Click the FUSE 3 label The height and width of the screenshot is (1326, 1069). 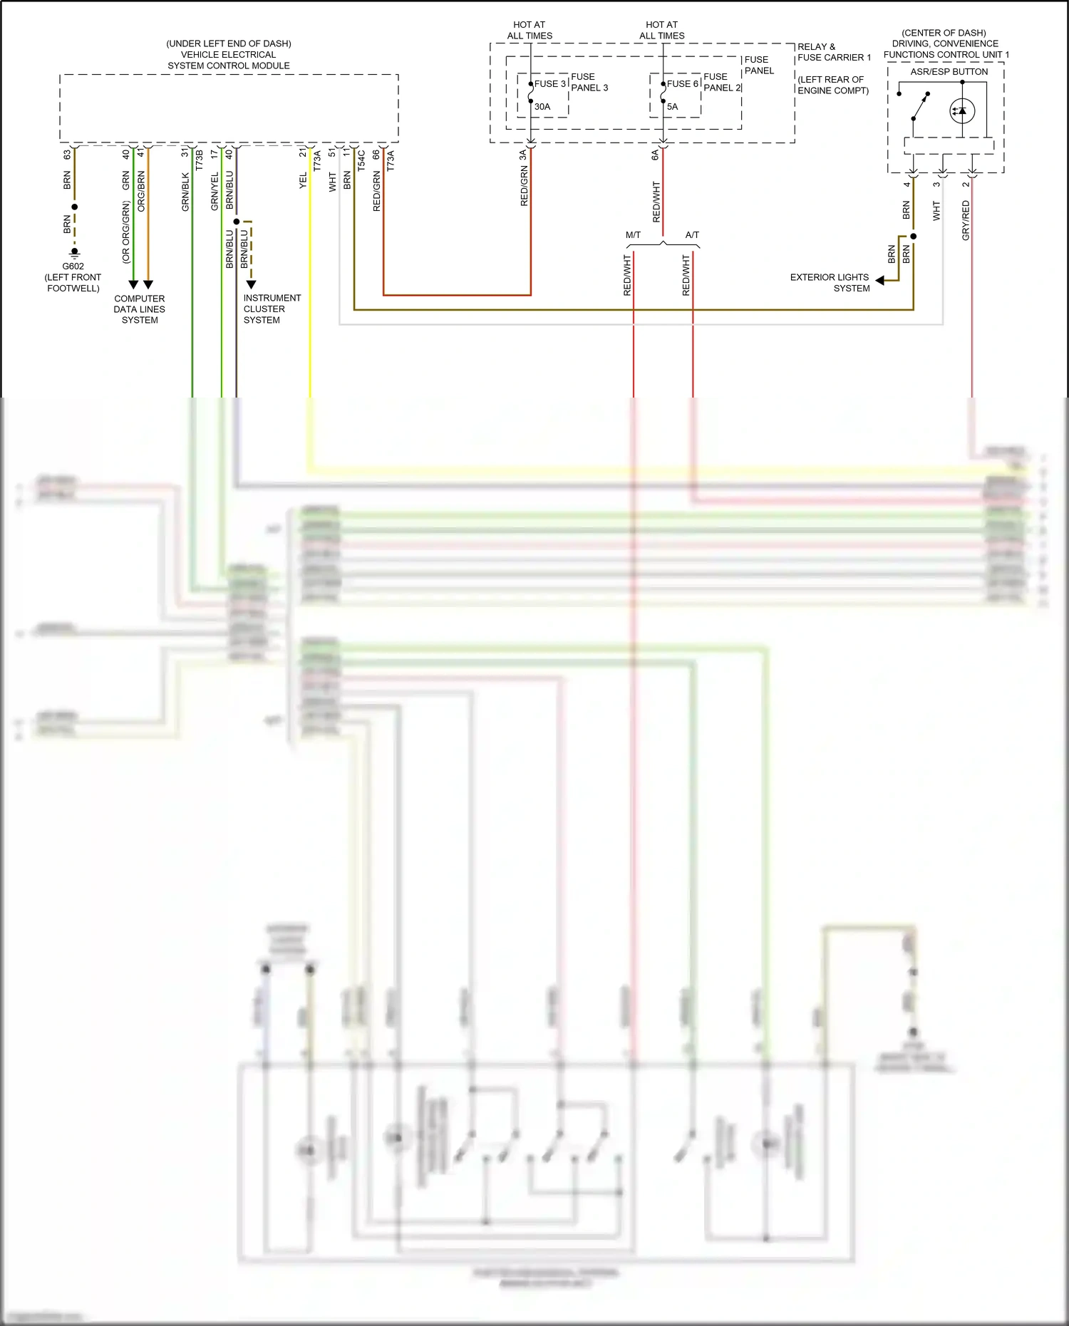pos(550,84)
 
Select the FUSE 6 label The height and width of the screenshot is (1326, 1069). pos(683,84)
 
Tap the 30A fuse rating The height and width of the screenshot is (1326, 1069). pos(542,107)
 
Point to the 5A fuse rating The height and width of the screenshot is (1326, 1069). pos(673,107)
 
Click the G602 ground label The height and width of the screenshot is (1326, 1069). pos(73,266)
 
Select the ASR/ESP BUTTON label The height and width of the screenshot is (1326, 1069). pos(949,72)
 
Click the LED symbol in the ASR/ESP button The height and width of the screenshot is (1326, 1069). pos(962,111)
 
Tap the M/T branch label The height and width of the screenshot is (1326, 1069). pos(633,235)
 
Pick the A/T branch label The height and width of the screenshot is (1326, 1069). pos(692,235)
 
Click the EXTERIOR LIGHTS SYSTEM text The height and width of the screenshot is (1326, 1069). pos(830,283)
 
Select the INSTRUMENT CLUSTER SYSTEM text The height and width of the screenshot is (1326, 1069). pos(272,309)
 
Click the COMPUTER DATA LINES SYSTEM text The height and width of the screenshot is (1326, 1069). pos(140,309)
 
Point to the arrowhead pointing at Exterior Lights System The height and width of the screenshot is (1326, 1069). pos(880,281)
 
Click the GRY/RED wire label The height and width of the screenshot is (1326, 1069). pos(966,220)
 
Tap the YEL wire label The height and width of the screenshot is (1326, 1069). pos(303,180)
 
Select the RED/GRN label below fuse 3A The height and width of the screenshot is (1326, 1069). pos(525,187)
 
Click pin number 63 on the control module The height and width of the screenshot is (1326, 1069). pos(67,154)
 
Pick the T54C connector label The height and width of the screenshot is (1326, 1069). pos(361,160)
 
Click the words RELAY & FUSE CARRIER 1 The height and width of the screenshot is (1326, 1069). pos(833,52)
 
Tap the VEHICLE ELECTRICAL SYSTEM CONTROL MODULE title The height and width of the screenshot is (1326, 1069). pos(228,55)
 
